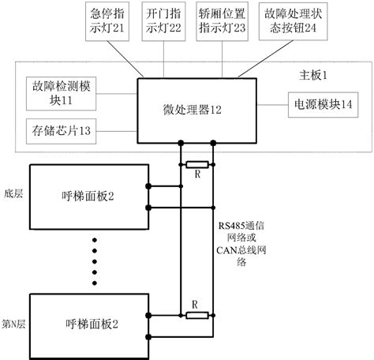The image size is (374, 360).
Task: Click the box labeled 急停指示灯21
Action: tap(109, 18)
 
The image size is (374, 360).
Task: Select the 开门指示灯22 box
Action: tap(164, 18)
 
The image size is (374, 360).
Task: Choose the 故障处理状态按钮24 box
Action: tap(282, 18)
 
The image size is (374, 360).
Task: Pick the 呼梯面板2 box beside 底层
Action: tap(88, 195)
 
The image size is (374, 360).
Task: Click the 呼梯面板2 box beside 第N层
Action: tap(88, 324)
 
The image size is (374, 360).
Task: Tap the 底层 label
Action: tap(13, 193)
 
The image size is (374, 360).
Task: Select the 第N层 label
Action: tap(13, 324)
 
